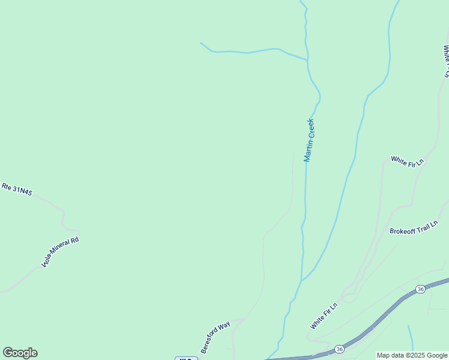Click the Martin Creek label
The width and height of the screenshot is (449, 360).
pos(309,140)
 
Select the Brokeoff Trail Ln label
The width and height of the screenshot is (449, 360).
pos(414,228)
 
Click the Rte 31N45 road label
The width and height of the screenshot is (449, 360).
pos(17,189)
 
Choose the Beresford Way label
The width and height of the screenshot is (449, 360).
pos(215,337)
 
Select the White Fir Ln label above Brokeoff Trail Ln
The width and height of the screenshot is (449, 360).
pos(407,161)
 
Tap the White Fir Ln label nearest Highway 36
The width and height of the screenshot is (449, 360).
pos(324,316)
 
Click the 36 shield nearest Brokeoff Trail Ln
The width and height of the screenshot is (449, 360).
pos(421,289)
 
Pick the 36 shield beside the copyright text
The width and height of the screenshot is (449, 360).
pos(340,349)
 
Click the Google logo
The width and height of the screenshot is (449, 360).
pos(20,353)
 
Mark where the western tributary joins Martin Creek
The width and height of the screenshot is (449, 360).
pos(307,60)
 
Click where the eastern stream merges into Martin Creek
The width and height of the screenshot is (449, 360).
pos(302,280)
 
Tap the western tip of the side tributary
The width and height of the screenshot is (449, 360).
pos(200,43)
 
